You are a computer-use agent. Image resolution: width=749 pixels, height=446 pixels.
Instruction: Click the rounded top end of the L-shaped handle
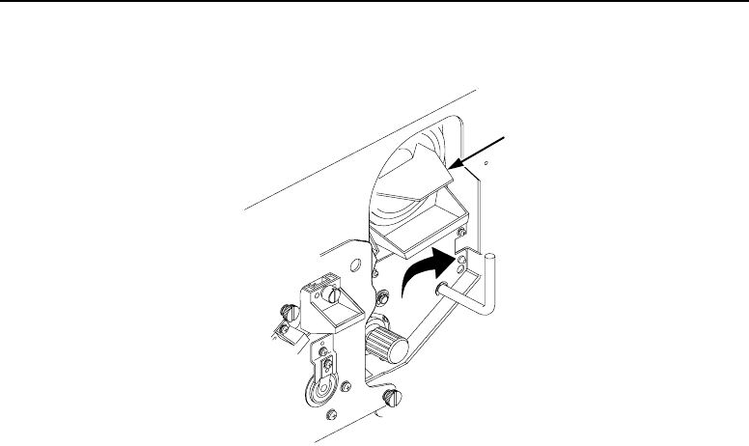click(x=490, y=256)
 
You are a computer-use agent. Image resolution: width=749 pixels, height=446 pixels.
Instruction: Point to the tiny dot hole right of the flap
click(x=485, y=164)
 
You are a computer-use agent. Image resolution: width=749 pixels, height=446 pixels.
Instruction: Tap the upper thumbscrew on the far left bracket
click(x=285, y=312)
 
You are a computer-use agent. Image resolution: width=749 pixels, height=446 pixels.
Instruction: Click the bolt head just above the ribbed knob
click(x=384, y=294)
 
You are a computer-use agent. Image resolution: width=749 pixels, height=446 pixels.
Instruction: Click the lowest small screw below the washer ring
click(x=333, y=414)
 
